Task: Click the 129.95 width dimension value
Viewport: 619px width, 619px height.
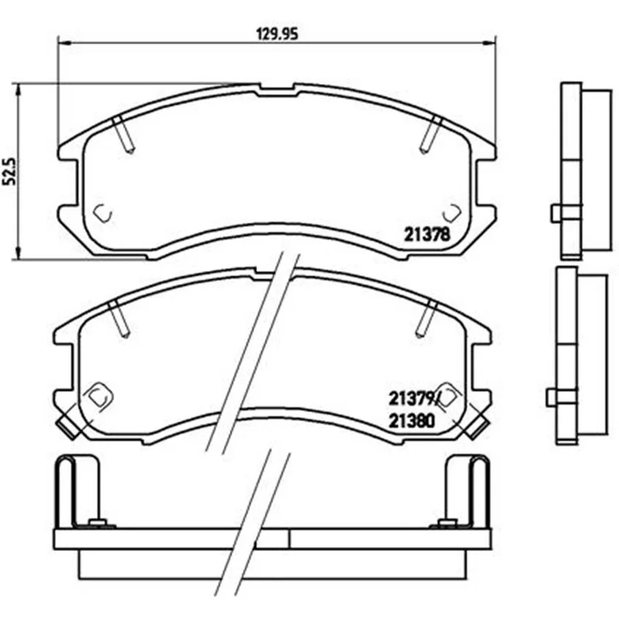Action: (x=278, y=34)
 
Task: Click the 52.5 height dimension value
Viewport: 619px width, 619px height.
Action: (x=9, y=171)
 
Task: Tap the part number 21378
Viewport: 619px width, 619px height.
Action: (x=427, y=235)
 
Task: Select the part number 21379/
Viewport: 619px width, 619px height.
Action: (x=413, y=399)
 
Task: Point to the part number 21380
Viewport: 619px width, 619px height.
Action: (x=412, y=421)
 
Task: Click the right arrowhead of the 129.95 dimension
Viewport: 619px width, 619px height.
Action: (x=491, y=41)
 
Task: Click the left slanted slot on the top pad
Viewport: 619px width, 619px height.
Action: (x=123, y=134)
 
